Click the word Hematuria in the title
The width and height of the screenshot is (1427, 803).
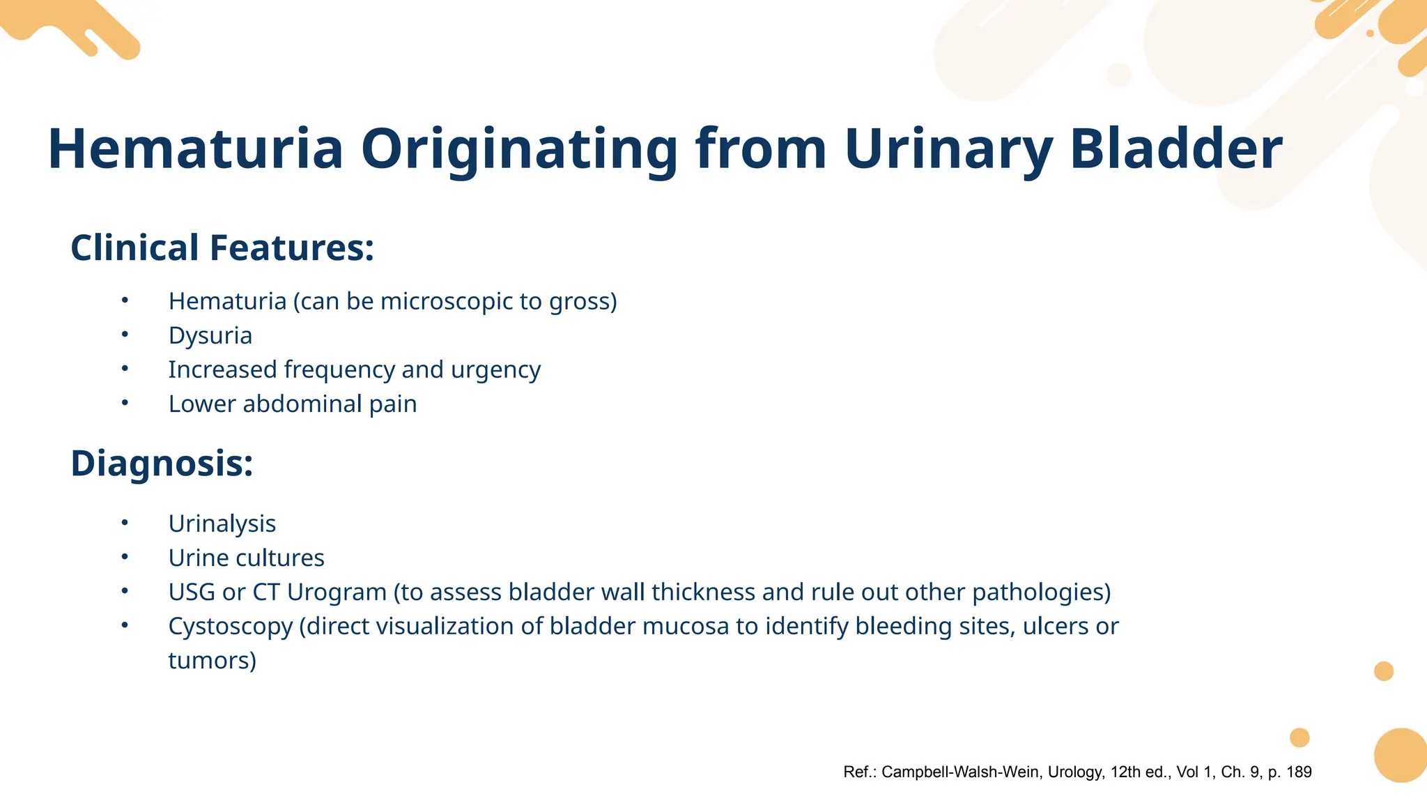(x=196, y=149)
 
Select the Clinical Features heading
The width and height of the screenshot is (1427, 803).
(x=222, y=248)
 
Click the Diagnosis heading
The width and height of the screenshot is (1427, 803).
(x=162, y=464)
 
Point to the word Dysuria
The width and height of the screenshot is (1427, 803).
(x=210, y=336)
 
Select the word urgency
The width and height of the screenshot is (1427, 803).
(x=495, y=370)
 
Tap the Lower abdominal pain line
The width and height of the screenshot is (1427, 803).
(x=293, y=404)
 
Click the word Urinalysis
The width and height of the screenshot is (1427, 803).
(x=222, y=523)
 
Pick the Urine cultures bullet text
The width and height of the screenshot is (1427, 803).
(x=247, y=558)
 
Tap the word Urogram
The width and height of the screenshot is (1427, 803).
(x=337, y=592)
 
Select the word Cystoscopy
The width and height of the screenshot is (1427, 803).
(x=231, y=627)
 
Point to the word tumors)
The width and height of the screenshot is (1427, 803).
(x=213, y=660)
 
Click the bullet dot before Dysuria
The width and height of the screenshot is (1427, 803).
(x=125, y=335)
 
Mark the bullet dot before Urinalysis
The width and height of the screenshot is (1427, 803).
(x=125, y=523)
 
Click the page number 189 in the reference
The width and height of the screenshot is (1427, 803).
(x=1299, y=772)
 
